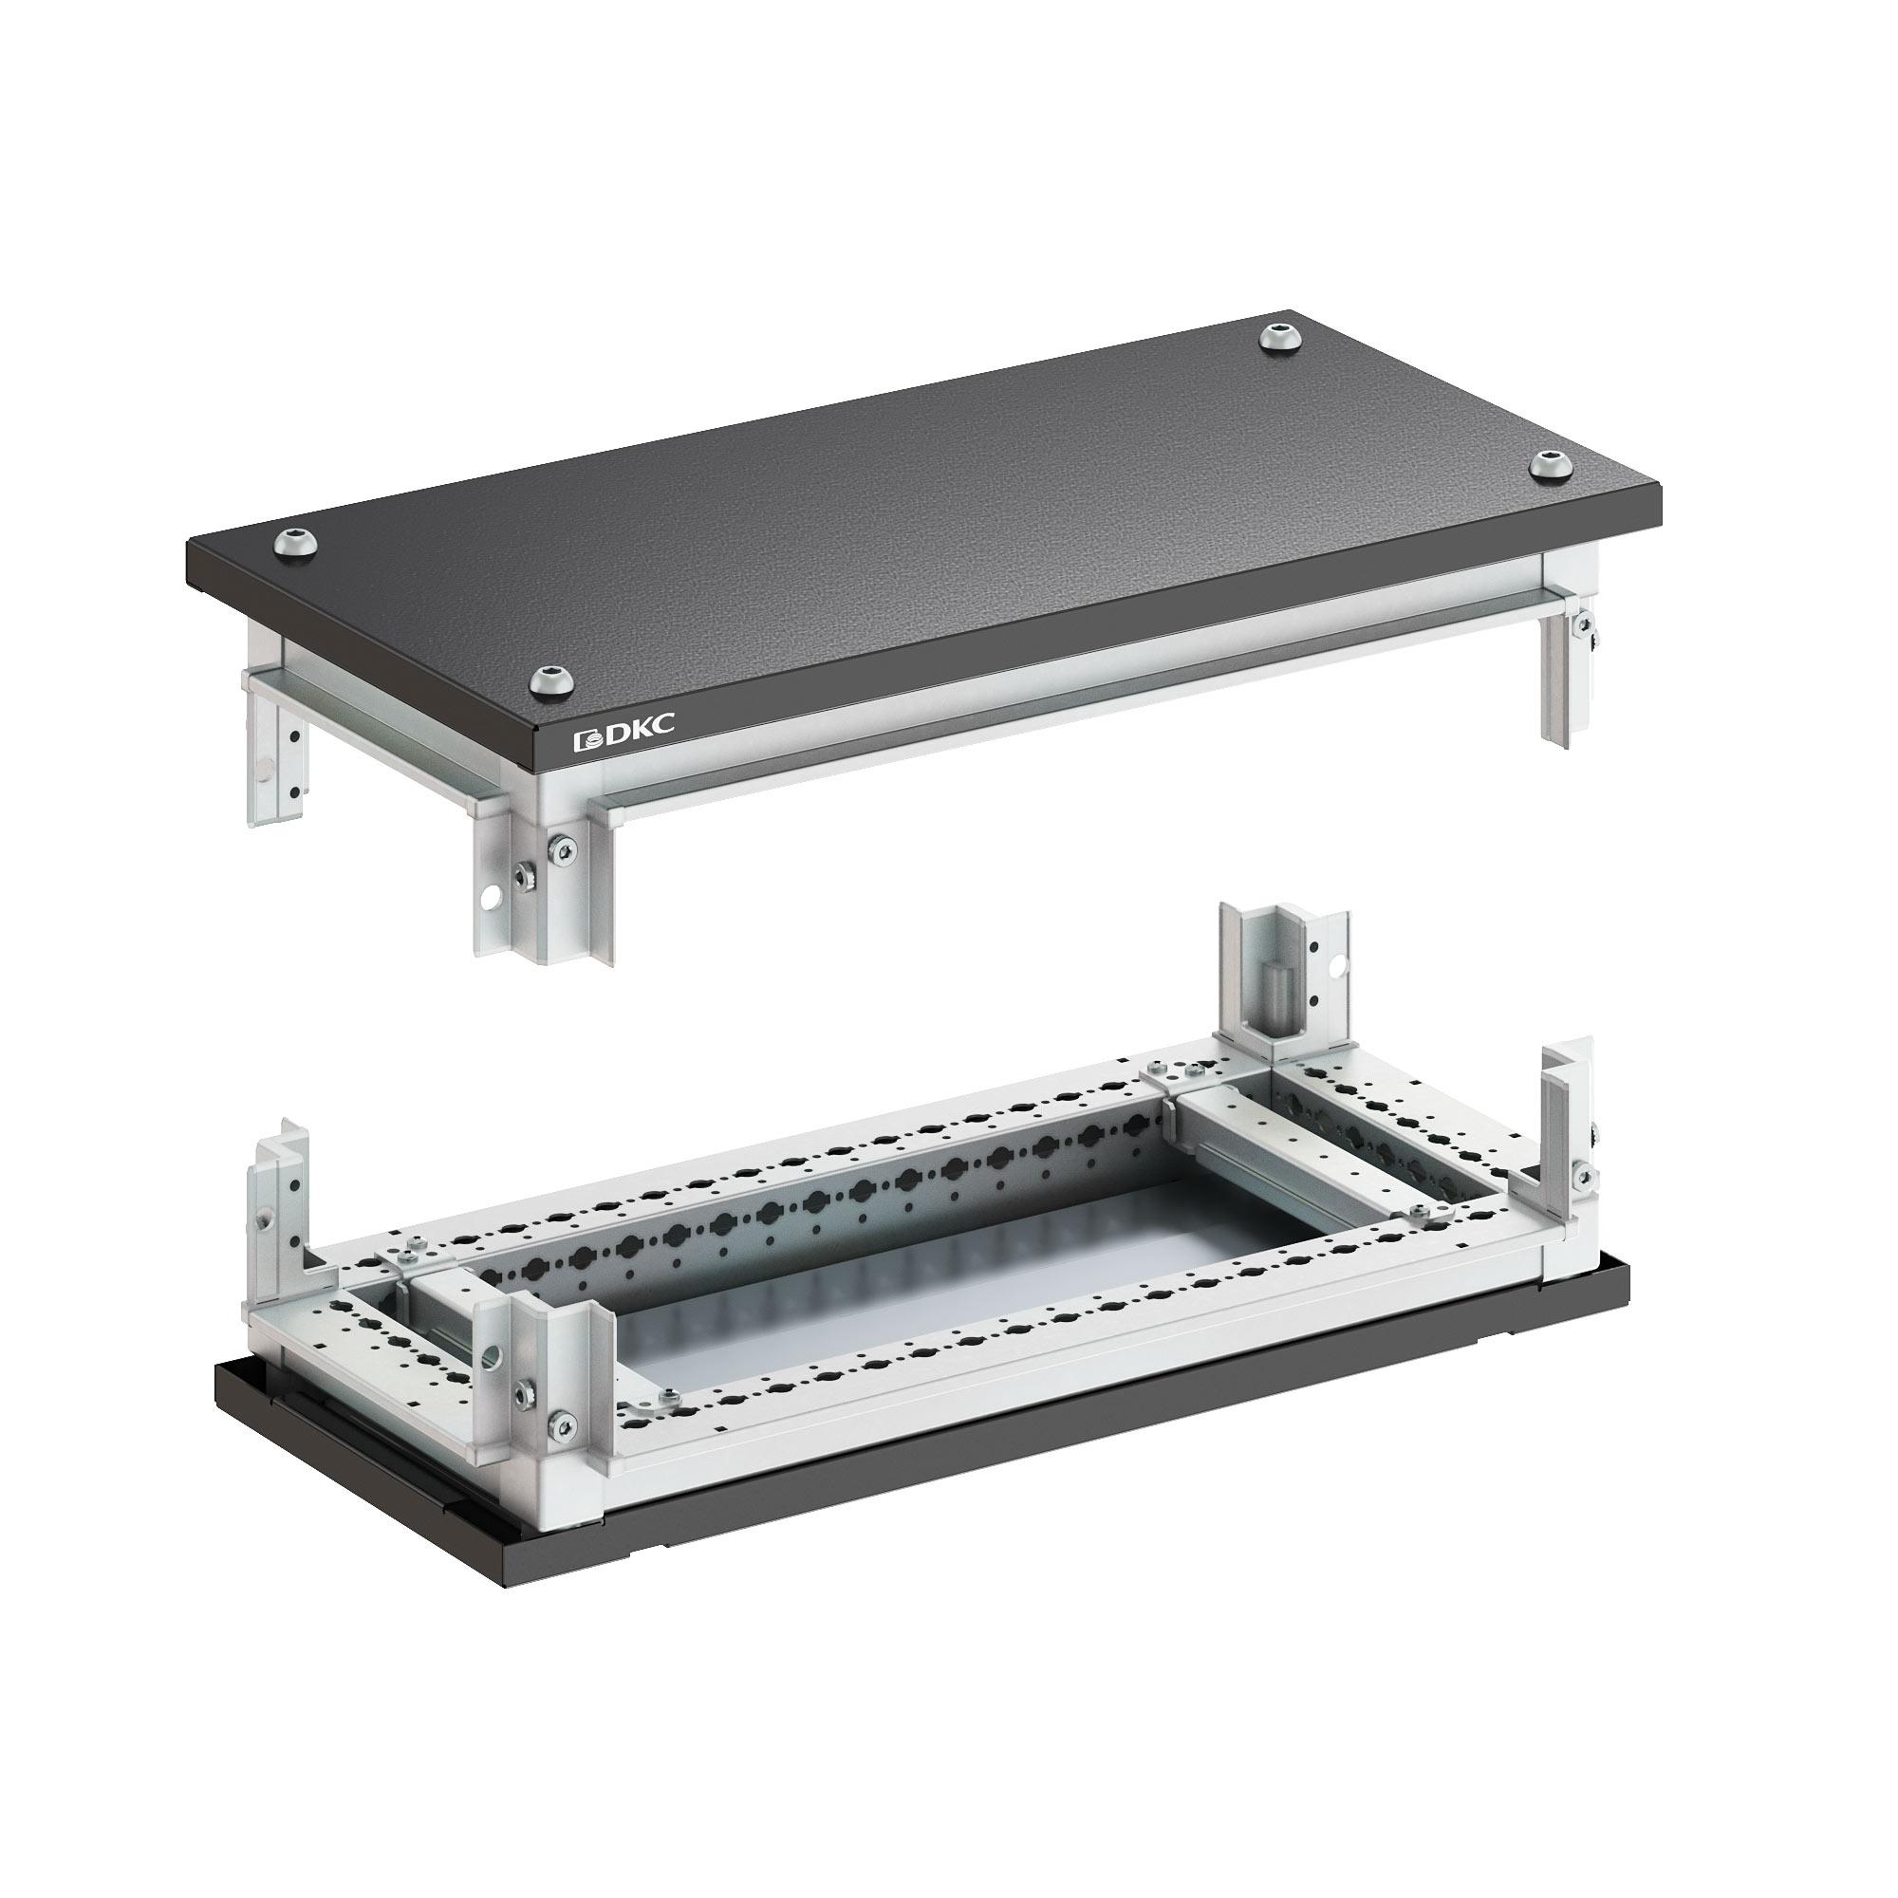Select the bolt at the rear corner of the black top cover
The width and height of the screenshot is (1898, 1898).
(x=1279, y=337)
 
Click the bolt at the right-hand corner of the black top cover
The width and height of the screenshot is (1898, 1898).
(x=1551, y=464)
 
